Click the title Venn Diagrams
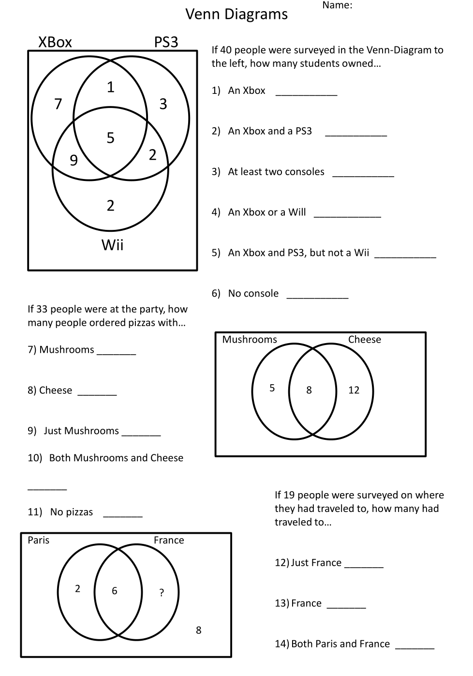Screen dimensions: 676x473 tap(236, 15)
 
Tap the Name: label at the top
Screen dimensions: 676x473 tap(337, 5)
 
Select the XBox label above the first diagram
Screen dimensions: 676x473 tap(55, 42)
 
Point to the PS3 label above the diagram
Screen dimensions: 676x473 tap(166, 42)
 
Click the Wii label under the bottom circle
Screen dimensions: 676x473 tap(112, 245)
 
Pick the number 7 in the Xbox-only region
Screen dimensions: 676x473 tap(58, 104)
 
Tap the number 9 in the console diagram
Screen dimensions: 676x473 tap(74, 160)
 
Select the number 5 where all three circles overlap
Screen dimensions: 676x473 tap(110, 138)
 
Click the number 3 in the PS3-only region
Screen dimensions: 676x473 tap(163, 104)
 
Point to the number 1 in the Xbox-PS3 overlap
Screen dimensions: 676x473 tap(110, 87)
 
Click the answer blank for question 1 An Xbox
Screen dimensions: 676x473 tap(306, 93)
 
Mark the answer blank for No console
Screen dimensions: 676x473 tap(317, 296)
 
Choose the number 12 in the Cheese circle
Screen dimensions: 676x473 tap(354, 390)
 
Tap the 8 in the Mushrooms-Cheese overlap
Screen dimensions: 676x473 tap(309, 390)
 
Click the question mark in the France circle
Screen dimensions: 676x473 tap(162, 592)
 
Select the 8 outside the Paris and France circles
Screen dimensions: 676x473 tap(198, 630)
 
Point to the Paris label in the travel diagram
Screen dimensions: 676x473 tap(38, 540)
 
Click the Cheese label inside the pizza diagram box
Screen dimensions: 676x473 tap(364, 340)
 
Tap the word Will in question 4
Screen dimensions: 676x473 tap(297, 212)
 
